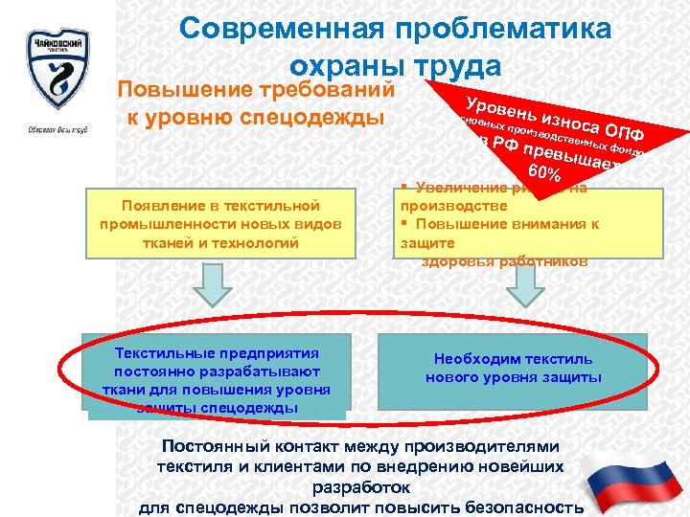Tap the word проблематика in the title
tap(508, 29)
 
